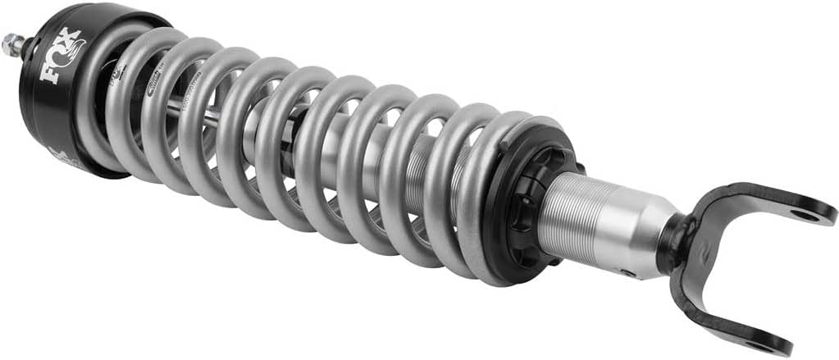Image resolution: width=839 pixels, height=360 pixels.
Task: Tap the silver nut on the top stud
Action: coord(12,44)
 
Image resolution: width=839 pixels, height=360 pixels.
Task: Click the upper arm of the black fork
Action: coord(763,202)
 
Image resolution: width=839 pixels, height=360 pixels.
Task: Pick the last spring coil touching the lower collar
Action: coord(476,197)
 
